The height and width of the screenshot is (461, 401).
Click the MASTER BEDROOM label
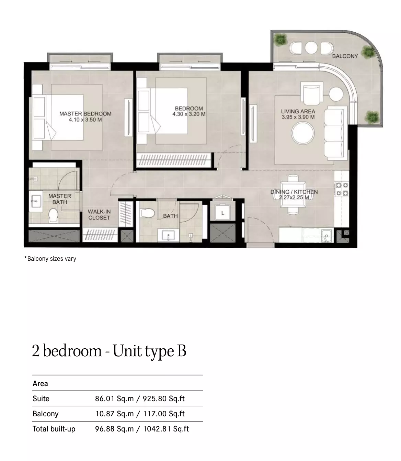coord(85,114)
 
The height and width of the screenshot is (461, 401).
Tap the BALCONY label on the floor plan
coord(345,56)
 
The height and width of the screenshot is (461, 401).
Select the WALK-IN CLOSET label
coord(99,214)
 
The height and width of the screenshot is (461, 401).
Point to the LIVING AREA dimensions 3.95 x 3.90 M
coord(298,117)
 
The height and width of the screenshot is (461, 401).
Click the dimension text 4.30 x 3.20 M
coord(189,114)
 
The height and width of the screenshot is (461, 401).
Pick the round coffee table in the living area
coord(303,133)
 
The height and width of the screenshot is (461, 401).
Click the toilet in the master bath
coord(53,215)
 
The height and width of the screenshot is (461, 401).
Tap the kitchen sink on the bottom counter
coord(326,236)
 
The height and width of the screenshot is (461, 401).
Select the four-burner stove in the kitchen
coord(342,189)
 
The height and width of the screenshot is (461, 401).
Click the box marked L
coord(223,212)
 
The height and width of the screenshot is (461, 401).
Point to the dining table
coord(293,194)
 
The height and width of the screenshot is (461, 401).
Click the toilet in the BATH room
coord(147,213)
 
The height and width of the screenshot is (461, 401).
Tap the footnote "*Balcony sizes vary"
coord(50,258)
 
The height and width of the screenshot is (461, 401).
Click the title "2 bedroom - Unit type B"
coord(109,351)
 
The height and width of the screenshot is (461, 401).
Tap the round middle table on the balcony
coord(311,47)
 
